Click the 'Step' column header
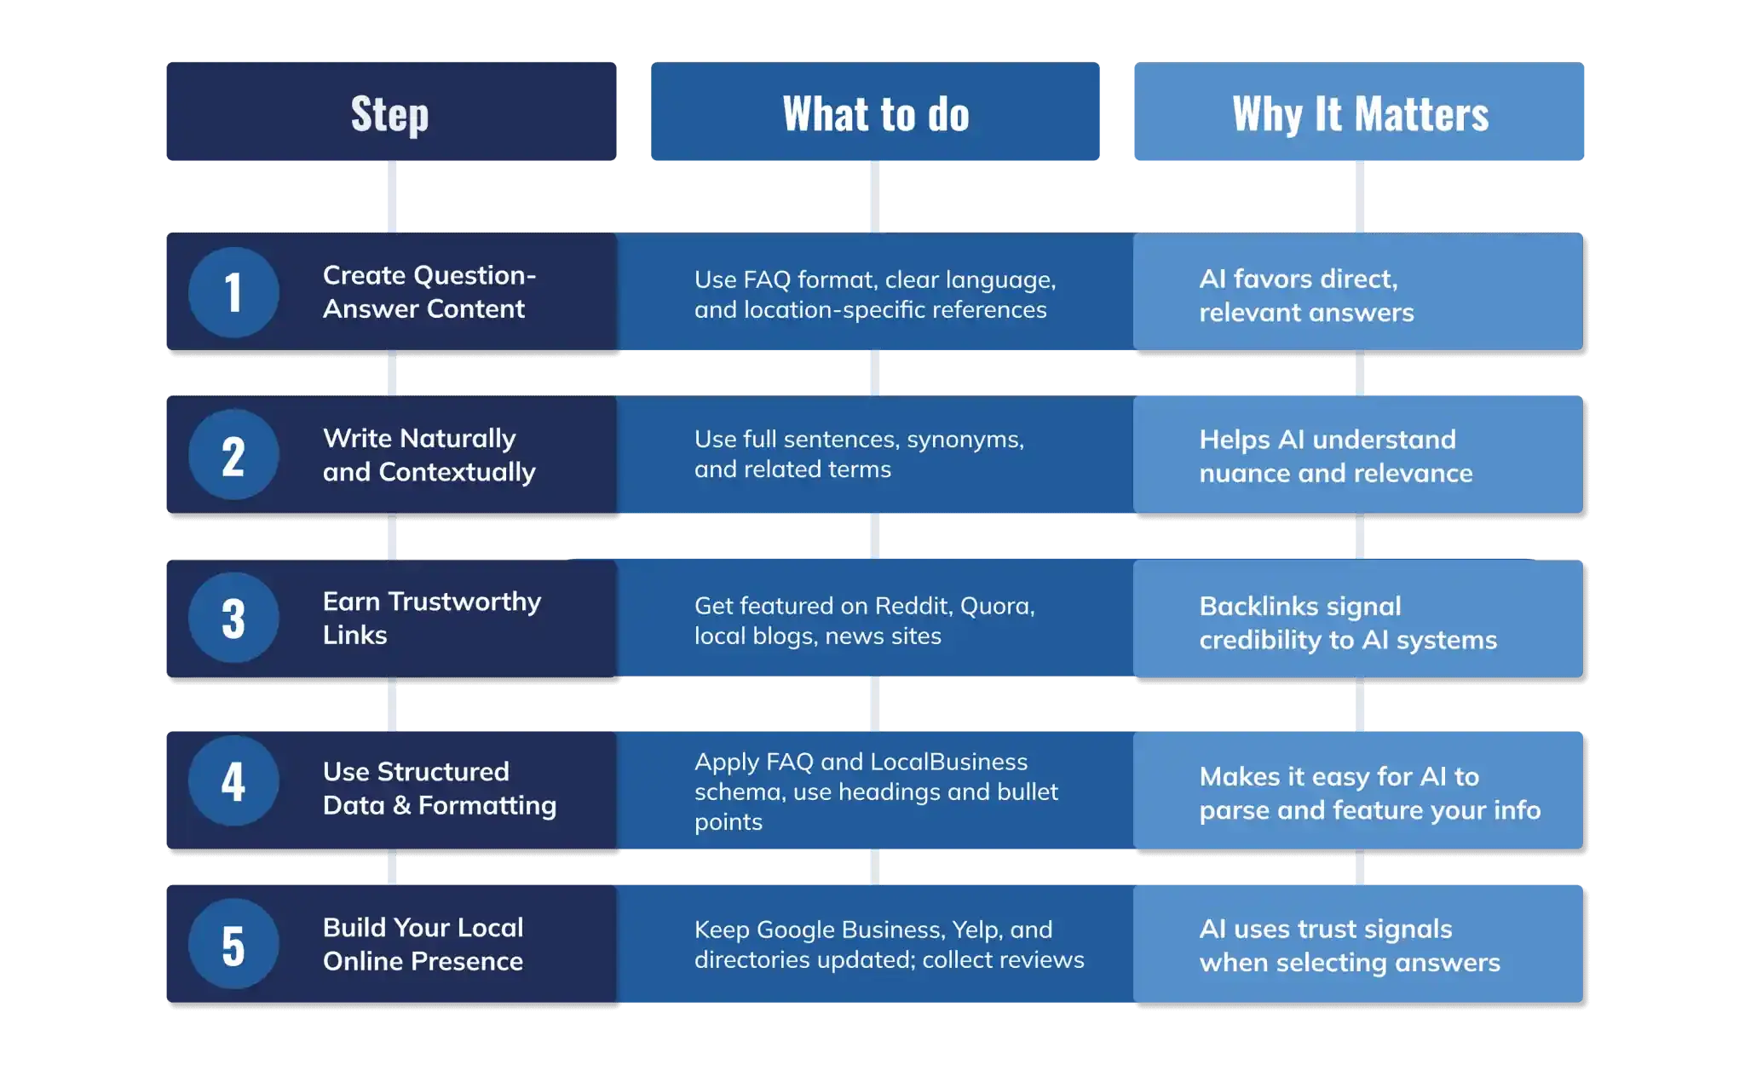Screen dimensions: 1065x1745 point(390,113)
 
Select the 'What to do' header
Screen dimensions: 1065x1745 point(875,113)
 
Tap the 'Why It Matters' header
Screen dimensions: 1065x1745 point(1360,113)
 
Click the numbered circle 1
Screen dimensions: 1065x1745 point(233,292)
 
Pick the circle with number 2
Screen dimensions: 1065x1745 point(233,455)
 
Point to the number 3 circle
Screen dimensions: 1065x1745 point(233,618)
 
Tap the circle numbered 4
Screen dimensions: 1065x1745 point(233,780)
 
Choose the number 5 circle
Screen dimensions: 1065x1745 point(233,944)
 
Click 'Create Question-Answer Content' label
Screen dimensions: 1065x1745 point(429,292)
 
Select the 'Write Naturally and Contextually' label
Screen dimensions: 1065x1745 point(429,455)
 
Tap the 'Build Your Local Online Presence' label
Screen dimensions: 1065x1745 point(423,944)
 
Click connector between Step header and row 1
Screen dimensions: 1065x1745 point(391,197)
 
